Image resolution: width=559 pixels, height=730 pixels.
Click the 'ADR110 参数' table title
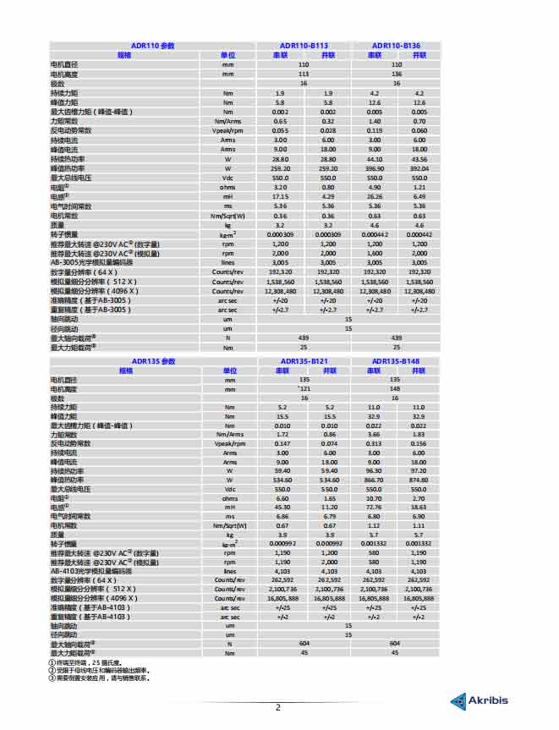pyautogui.click(x=153, y=46)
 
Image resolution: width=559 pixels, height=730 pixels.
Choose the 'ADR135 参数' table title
pyautogui.click(x=153, y=361)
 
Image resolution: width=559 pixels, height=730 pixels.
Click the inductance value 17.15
pyautogui.click(x=281, y=196)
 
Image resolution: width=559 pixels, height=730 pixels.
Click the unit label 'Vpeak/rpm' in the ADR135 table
pyautogui.click(x=229, y=443)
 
